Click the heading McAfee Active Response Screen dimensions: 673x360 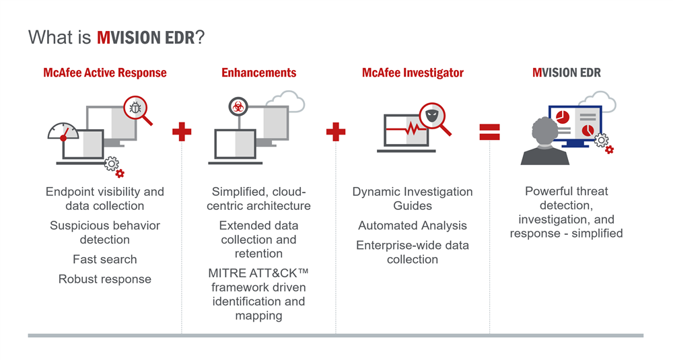tap(105, 73)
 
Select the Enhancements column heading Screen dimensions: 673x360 tap(259, 73)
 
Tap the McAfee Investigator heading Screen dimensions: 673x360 tap(413, 73)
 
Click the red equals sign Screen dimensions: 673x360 tap(489, 132)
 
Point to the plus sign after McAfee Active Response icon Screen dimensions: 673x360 tap(182, 132)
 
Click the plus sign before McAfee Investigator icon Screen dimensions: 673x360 tap(336, 132)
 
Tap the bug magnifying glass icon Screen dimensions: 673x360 tap(137, 110)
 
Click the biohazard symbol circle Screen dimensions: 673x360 tap(238, 106)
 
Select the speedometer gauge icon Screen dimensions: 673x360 tap(63, 132)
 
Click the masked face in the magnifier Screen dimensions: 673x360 tap(431, 115)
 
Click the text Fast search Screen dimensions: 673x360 tap(105, 259)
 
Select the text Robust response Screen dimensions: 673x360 tap(105, 279)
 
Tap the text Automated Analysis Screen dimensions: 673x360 tap(413, 225)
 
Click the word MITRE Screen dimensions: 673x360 tap(225, 273)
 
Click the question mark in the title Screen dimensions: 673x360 tap(200, 38)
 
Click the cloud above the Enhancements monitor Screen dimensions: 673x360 tap(285, 102)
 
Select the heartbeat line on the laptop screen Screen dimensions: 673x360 tap(405, 129)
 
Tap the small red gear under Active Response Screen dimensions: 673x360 tap(120, 174)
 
